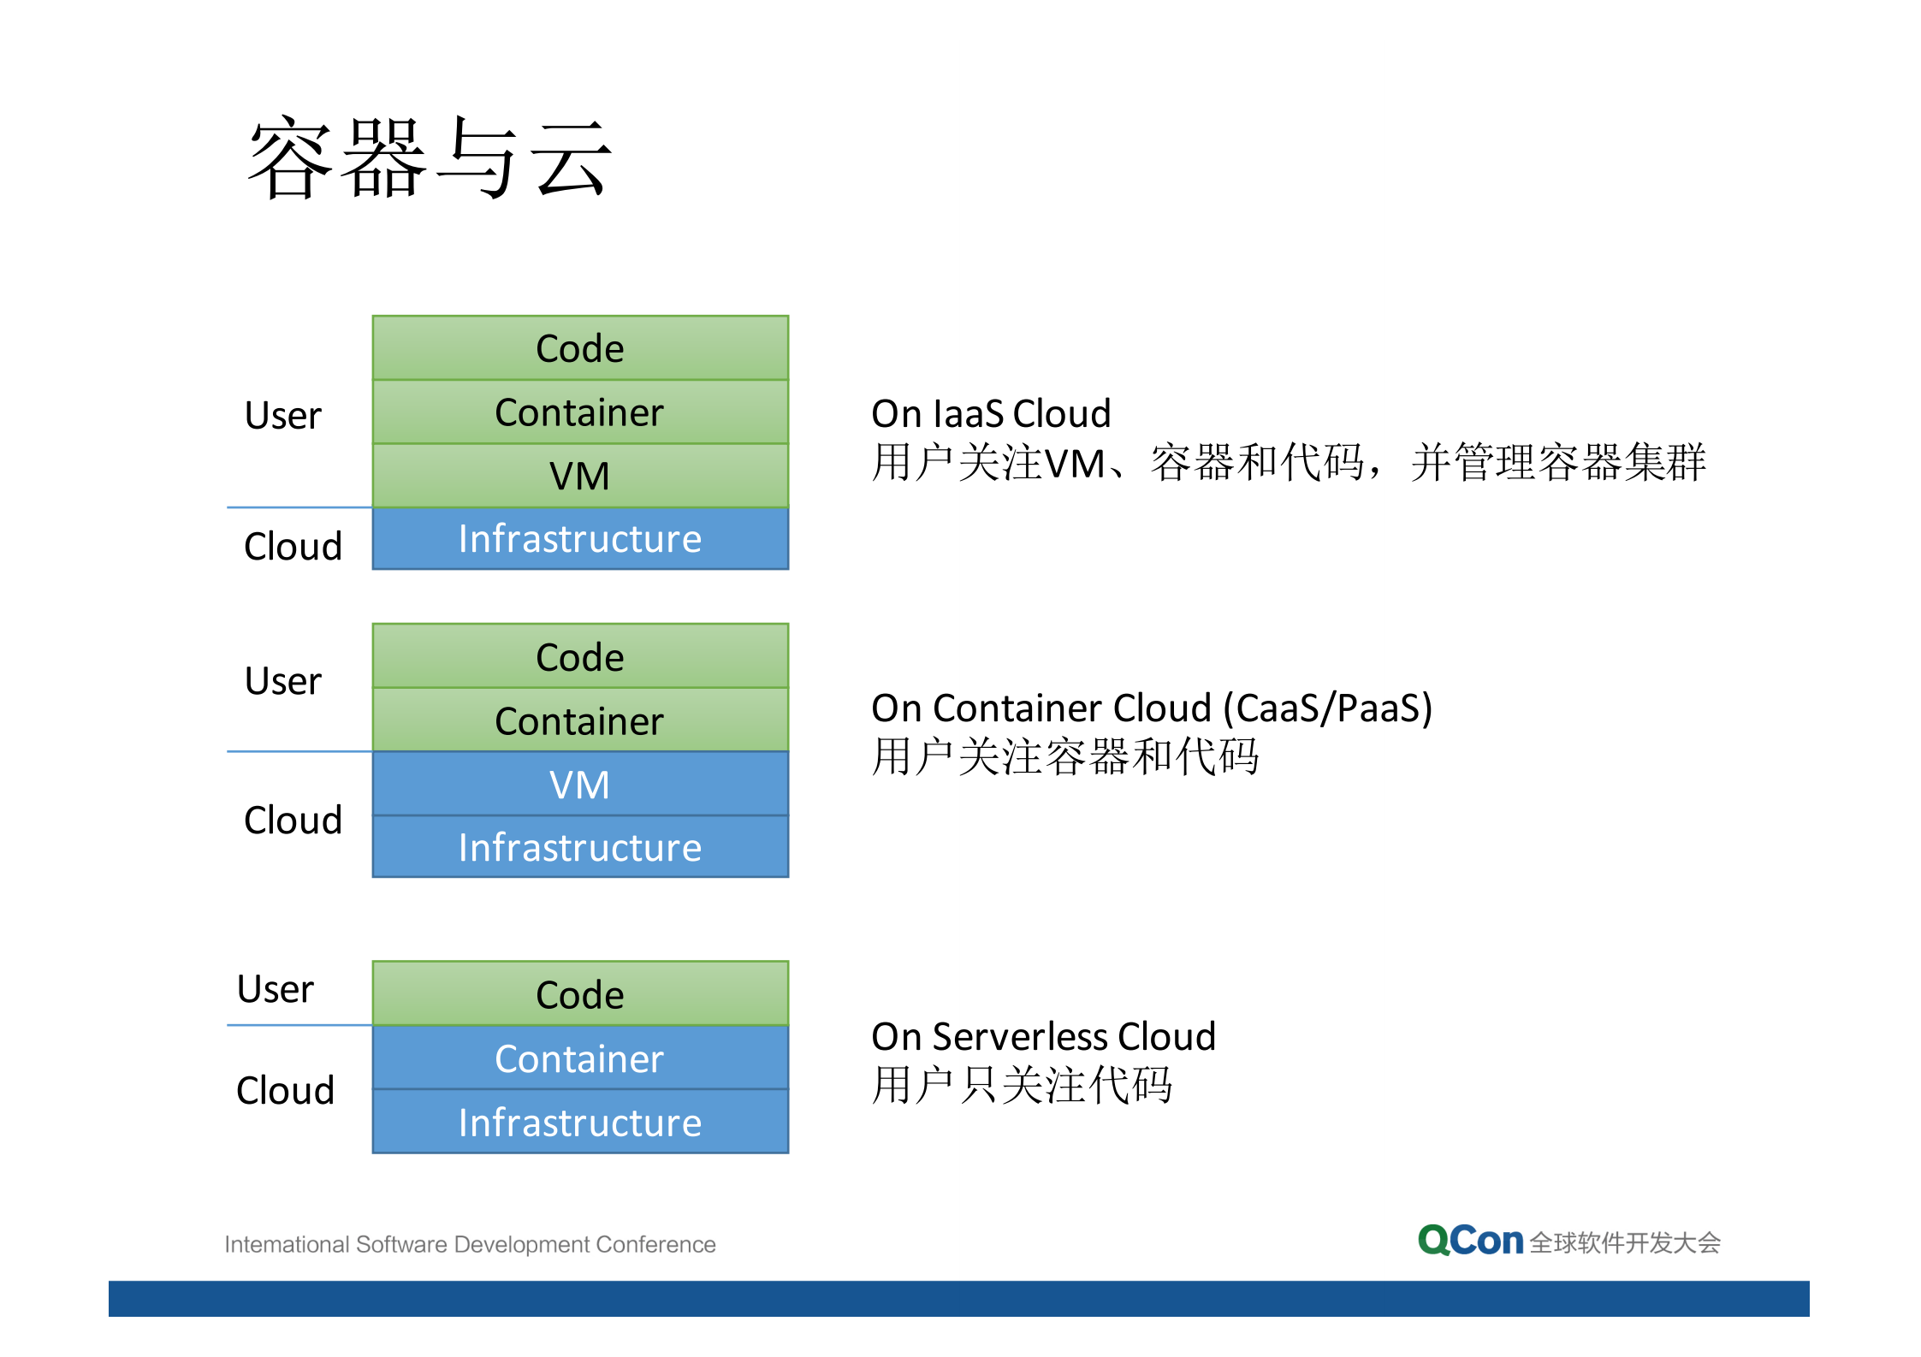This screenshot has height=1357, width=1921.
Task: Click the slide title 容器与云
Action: pyautogui.click(x=430, y=158)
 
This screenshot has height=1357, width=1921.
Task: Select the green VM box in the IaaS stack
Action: pyautogui.click(x=580, y=476)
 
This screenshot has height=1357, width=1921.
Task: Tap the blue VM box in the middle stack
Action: pyautogui.click(x=580, y=784)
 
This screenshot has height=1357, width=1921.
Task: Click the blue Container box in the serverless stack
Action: pyautogui.click(x=580, y=1058)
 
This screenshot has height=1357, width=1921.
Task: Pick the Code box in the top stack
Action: pyautogui.click(x=580, y=348)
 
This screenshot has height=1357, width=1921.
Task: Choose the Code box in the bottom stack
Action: pyautogui.click(x=580, y=994)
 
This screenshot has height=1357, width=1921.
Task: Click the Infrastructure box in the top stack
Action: pyautogui.click(x=580, y=539)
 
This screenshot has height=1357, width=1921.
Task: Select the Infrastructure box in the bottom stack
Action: pyautogui.click(x=580, y=1122)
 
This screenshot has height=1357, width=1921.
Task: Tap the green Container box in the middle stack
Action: pyautogui.click(x=580, y=720)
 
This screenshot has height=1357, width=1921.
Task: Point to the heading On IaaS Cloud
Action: pyautogui.click(x=991, y=414)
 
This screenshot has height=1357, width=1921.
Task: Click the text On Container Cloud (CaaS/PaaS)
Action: pyautogui.click(x=1151, y=708)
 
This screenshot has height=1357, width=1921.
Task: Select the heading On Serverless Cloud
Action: pyautogui.click(x=1043, y=1037)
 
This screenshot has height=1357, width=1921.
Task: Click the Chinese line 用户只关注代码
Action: pyautogui.click(x=1022, y=1086)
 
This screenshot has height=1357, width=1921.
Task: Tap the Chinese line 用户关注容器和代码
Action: pyautogui.click(x=1064, y=757)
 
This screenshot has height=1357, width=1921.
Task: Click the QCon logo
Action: pyautogui.click(x=1470, y=1241)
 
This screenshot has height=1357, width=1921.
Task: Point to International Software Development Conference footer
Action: pyautogui.click(x=470, y=1244)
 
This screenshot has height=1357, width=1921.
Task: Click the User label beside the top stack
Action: pyautogui.click(x=282, y=416)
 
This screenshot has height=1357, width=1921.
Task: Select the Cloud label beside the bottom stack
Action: pyautogui.click(x=285, y=1091)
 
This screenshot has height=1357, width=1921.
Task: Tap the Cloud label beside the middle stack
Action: pyautogui.click(x=293, y=821)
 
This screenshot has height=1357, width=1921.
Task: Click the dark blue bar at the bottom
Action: pyautogui.click(x=958, y=1298)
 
